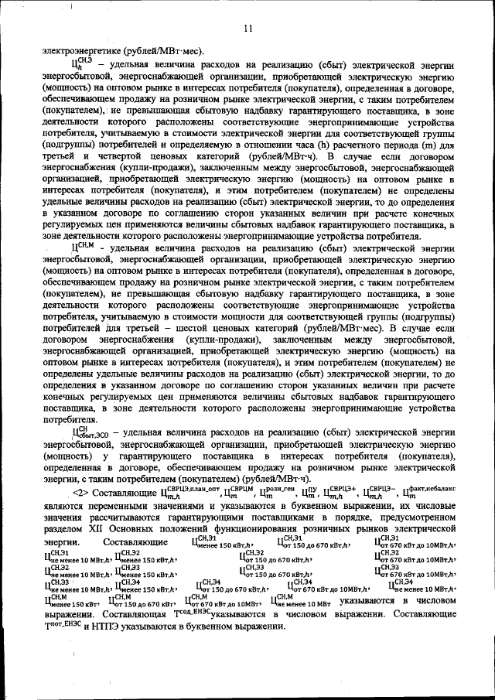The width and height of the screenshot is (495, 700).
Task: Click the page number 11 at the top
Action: pos(247,30)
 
